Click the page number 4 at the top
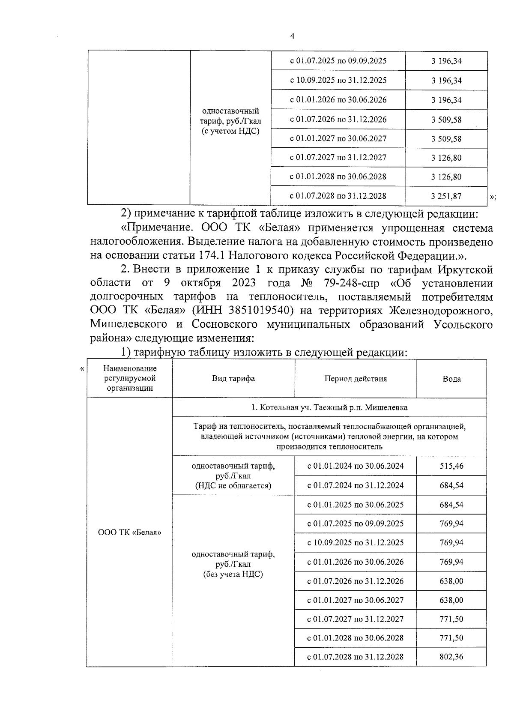pos(292,37)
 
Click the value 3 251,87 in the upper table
pos(446,196)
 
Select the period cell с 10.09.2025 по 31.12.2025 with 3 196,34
pos(338,80)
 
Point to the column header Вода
pos(451,379)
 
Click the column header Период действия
pos(355,379)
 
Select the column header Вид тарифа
pos(233,379)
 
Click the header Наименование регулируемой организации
pos(130,378)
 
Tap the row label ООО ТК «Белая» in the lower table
pos(130,533)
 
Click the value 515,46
pos(451,466)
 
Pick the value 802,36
pos(451,657)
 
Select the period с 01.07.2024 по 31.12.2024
pos(355,485)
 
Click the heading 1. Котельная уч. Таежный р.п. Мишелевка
pos(329,407)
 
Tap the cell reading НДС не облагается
pos(233,486)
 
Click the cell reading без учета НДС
pos(233,574)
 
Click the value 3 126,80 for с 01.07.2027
pos(446,158)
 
